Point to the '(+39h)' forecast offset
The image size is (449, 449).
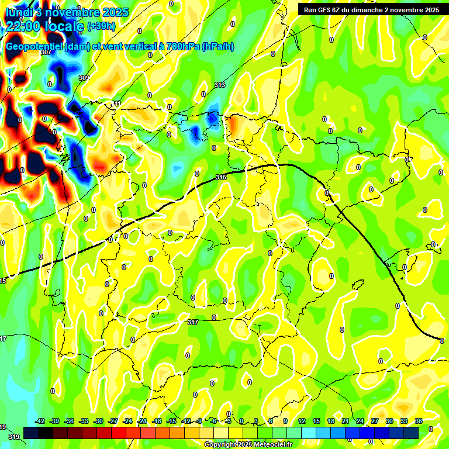(x=101, y=26)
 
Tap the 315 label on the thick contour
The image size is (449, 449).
(x=220, y=177)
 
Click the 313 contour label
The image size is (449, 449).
(x=219, y=85)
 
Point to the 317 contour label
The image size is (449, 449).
(x=193, y=322)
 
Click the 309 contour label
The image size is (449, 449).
(x=84, y=78)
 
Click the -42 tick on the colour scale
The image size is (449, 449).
(x=40, y=421)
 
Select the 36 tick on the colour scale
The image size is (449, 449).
(x=418, y=421)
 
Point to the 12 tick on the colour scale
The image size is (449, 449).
(x=302, y=421)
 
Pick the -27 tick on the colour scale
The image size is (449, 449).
(x=113, y=421)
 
